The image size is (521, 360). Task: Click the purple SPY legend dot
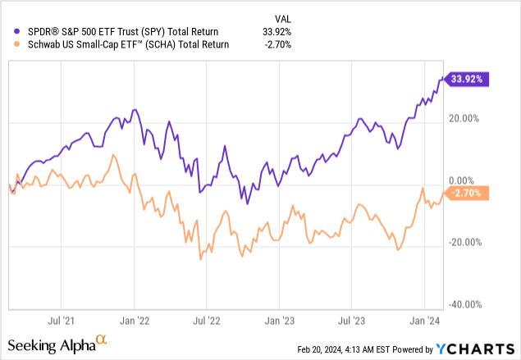coord(10,32)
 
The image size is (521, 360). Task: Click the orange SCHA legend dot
coord(10,44)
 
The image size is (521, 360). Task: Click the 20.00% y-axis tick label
coord(471,118)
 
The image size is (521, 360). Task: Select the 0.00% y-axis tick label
coord(473,180)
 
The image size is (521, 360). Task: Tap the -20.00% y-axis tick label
coord(469,242)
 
